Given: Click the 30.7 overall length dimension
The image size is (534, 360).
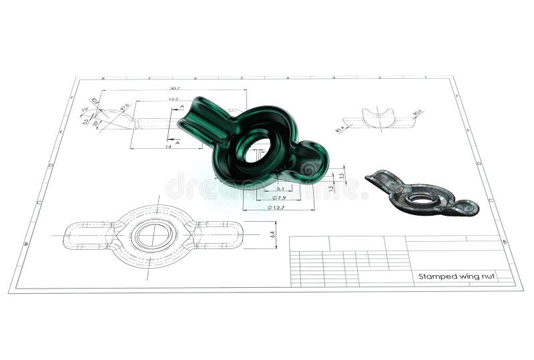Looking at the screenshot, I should coord(175,87).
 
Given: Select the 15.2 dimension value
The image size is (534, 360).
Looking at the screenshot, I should coord(173,99).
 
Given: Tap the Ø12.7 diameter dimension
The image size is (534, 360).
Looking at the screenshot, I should coord(279,208).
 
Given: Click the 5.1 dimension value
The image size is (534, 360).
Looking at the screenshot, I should coord(280,189).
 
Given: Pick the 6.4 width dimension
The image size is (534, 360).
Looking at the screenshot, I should coord(272,234).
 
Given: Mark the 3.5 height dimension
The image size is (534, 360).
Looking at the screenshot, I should coord(342,176).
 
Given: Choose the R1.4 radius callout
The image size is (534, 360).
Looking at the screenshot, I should coord(340,129).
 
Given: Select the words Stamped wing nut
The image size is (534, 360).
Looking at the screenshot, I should coord(457,276).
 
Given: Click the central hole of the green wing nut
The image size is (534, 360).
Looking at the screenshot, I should coord(257,150).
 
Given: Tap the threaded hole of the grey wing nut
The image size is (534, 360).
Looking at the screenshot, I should coord(421,198).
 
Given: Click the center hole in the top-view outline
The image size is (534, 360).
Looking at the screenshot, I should coord(153,235).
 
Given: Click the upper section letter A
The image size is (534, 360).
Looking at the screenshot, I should coord(182,107).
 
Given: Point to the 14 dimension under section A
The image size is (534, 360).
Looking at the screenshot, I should coord(169,145).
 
